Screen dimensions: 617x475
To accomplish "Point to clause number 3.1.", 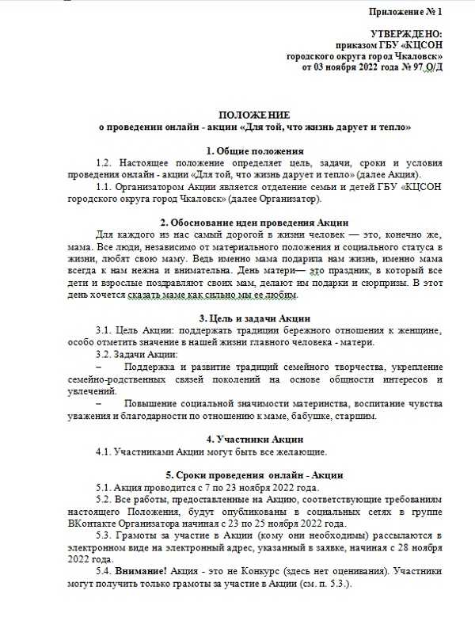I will pyautogui.click(x=105, y=330).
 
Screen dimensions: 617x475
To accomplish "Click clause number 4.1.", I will pyautogui.click(x=105, y=451).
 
